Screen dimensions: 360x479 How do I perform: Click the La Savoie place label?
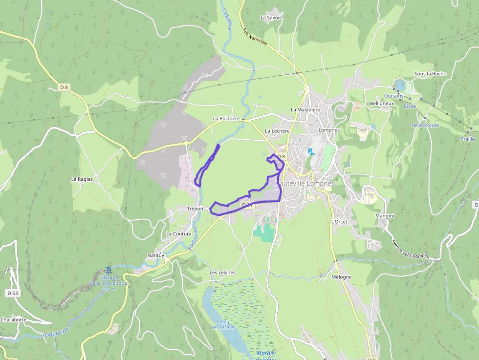(x=271, y=18)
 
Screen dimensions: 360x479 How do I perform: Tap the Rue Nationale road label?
(x=255, y=37)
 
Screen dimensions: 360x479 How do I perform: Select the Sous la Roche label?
(x=430, y=74)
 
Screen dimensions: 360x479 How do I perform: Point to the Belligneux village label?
(x=382, y=104)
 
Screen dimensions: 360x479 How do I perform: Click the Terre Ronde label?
(x=425, y=126)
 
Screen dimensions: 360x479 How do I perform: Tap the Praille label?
(x=467, y=139)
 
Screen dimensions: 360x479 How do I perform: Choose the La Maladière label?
(x=305, y=110)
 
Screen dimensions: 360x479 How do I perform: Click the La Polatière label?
(x=226, y=119)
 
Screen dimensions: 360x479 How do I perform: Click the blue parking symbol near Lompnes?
(x=311, y=152)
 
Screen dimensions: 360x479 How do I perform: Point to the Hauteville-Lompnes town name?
(x=305, y=184)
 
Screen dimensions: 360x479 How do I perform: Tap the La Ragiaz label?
(x=82, y=179)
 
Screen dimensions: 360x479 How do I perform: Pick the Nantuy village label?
(x=156, y=255)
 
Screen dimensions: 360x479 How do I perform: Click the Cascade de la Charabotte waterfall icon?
(x=108, y=270)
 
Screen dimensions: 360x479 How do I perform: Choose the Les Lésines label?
(x=222, y=273)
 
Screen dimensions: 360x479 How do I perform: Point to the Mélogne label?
(x=341, y=277)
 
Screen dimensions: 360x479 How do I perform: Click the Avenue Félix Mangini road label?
(x=410, y=248)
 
